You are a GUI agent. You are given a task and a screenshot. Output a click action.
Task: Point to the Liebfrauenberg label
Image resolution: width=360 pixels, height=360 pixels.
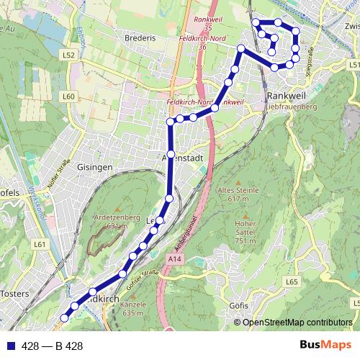(x=291, y=107)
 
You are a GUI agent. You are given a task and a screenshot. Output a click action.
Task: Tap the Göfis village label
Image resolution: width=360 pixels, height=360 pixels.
(x=238, y=306)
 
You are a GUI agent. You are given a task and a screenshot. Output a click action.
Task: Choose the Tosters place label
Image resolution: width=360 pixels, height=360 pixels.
(x=14, y=294)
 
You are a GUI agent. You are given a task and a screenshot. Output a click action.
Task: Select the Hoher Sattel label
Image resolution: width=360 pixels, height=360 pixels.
(x=245, y=232)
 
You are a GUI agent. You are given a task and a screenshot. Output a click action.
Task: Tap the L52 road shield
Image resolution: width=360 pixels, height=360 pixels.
(x=68, y=54)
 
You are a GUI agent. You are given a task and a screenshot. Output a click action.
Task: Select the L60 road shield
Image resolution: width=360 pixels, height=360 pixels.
(x=68, y=96)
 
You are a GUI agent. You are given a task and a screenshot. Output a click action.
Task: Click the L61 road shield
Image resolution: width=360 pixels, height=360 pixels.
(x=40, y=245)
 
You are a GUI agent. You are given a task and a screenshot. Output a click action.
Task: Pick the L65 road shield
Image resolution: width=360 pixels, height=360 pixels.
(x=291, y=282)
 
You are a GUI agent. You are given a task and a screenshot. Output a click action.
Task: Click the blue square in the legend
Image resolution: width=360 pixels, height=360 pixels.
(x=10, y=345)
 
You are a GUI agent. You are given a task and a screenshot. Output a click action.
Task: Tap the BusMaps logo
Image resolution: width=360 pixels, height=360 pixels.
(x=320, y=344)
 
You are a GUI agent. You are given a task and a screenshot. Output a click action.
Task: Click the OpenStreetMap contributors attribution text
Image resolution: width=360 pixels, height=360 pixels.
(x=297, y=322)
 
